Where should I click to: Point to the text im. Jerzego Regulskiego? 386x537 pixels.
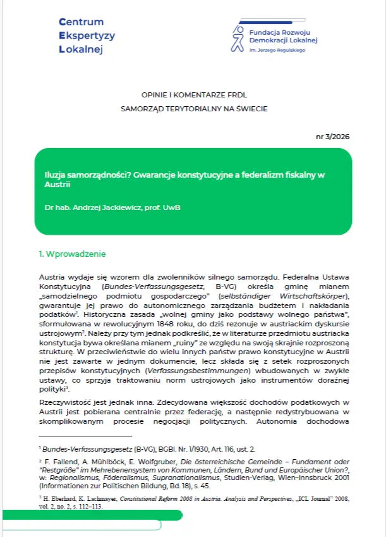click(277, 50)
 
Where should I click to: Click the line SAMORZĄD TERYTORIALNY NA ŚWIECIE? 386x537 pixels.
click(194, 109)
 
